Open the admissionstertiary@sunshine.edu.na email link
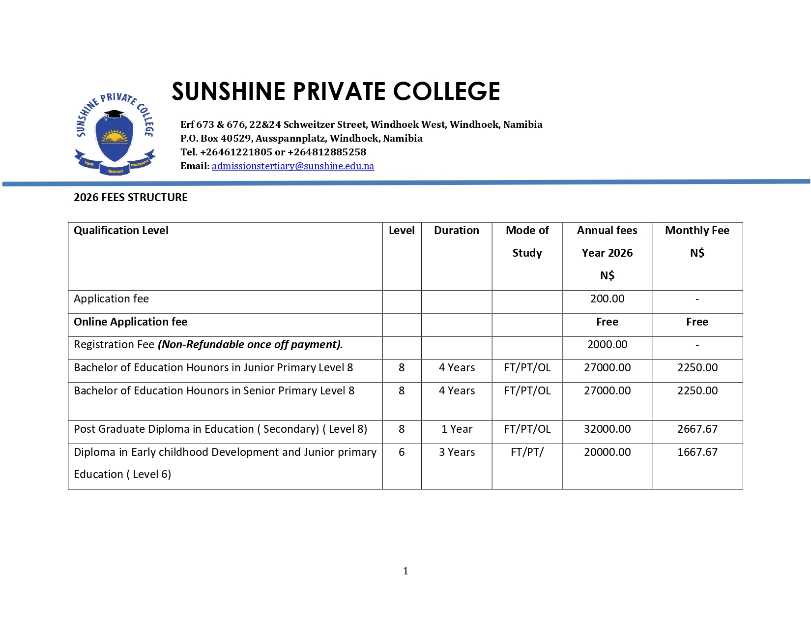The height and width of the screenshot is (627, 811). point(293,166)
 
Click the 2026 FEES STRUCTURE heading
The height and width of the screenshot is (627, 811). point(131,198)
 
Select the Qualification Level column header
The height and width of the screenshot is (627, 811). point(121,231)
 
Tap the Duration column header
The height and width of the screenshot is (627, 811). point(456,231)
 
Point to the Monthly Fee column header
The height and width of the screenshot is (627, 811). point(697,231)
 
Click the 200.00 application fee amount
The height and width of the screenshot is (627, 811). point(607,299)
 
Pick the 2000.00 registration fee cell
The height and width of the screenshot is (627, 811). point(607,345)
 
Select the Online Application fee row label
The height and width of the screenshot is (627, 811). point(130,322)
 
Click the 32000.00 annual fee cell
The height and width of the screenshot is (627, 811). point(607,429)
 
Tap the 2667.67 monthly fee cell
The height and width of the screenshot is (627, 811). point(697,429)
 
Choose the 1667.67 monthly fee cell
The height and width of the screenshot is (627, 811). point(697,452)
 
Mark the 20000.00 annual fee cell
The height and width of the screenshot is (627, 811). point(607,452)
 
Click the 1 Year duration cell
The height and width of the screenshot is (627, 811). point(457,429)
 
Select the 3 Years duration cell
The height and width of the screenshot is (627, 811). point(457,452)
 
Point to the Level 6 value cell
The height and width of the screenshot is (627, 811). point(402,452)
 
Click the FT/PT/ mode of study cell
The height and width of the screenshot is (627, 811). point(527,452)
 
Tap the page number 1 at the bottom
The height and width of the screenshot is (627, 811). point(405,571)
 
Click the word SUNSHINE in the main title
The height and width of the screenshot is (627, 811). point(228,91)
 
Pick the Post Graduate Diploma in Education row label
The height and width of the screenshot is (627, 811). point(220,429)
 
